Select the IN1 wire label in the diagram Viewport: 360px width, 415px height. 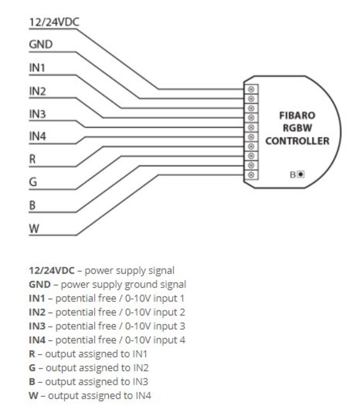(37, 68)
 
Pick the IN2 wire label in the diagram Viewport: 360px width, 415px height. (37, 91)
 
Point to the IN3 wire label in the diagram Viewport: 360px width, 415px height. (37, 114)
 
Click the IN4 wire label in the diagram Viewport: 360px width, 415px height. (37, 137)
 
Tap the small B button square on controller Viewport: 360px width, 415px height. (300, 174)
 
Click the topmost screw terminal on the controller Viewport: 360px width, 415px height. (252, 89)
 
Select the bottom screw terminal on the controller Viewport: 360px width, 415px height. (252, 175)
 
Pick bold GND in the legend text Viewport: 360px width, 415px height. (39, 284)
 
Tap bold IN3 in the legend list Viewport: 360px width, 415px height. (37, 326)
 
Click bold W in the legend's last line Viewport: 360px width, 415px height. (33, 395)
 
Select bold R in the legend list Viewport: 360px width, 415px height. (32, 354)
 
